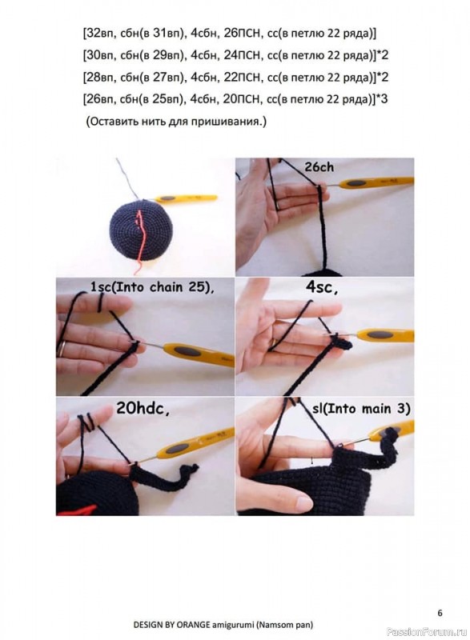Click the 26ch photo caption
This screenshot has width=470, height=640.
point(319,167)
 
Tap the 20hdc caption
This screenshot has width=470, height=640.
point(142,409)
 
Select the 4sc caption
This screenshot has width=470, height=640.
point(321,288)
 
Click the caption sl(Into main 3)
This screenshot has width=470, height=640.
point(361,409)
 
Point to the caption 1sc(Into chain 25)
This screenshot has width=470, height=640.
point(152,287)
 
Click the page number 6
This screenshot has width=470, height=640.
point(440,613)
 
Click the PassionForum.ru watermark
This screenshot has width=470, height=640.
point(426,631)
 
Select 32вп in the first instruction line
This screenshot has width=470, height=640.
point(98,33)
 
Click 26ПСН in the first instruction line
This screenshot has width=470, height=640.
point(242,33)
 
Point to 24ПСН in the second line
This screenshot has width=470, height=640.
point(242,55)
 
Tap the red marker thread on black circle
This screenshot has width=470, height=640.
point(140,238)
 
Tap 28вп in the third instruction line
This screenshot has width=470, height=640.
point(98,77)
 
